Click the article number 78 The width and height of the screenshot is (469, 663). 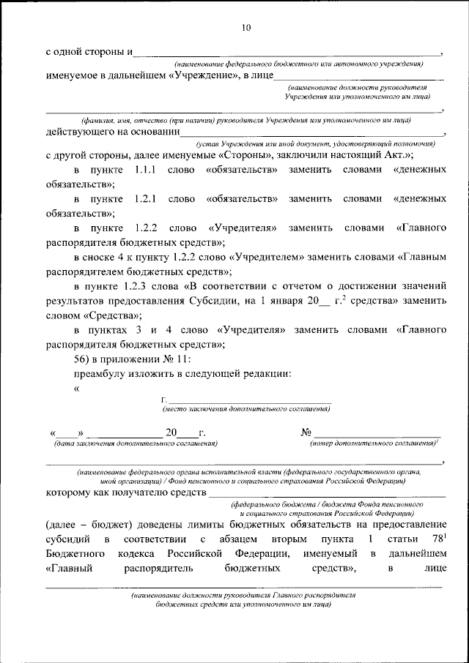436,539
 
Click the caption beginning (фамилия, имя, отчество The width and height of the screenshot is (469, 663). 245,119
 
